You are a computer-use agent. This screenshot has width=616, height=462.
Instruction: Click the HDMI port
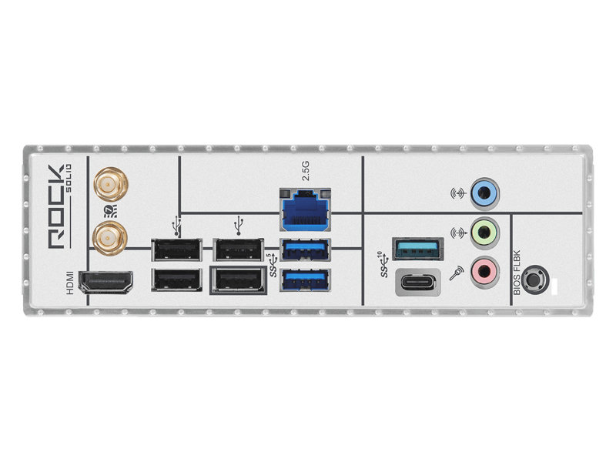pos(105,282)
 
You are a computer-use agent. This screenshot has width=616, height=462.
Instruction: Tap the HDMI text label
pos(69,283)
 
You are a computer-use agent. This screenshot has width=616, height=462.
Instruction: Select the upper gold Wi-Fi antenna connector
pos(111,184)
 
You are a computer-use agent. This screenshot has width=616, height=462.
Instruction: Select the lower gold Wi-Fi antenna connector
pos(110,238)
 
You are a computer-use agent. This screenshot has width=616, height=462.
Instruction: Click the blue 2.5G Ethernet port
pos(305,210)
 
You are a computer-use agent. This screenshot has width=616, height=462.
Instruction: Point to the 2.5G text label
pos(305,170)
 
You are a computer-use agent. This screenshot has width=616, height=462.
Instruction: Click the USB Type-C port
pos(417,282)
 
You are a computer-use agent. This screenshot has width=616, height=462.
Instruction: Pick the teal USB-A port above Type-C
pos(417,249)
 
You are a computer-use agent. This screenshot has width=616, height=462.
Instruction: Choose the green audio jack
pos(485,233)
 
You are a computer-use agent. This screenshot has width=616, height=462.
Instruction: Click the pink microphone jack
pos(485,271)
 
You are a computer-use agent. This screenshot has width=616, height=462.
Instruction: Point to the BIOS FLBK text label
pos(517,273)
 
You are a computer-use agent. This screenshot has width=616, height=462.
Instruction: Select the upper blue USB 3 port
pos(305,249)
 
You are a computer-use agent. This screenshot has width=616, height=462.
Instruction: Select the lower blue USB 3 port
pos(305,280)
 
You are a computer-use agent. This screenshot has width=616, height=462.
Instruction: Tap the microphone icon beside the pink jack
pos(457,273)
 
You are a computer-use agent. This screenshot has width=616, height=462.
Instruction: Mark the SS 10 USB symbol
pos(383,264)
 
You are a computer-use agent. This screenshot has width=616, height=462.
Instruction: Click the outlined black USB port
pos(239,280)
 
